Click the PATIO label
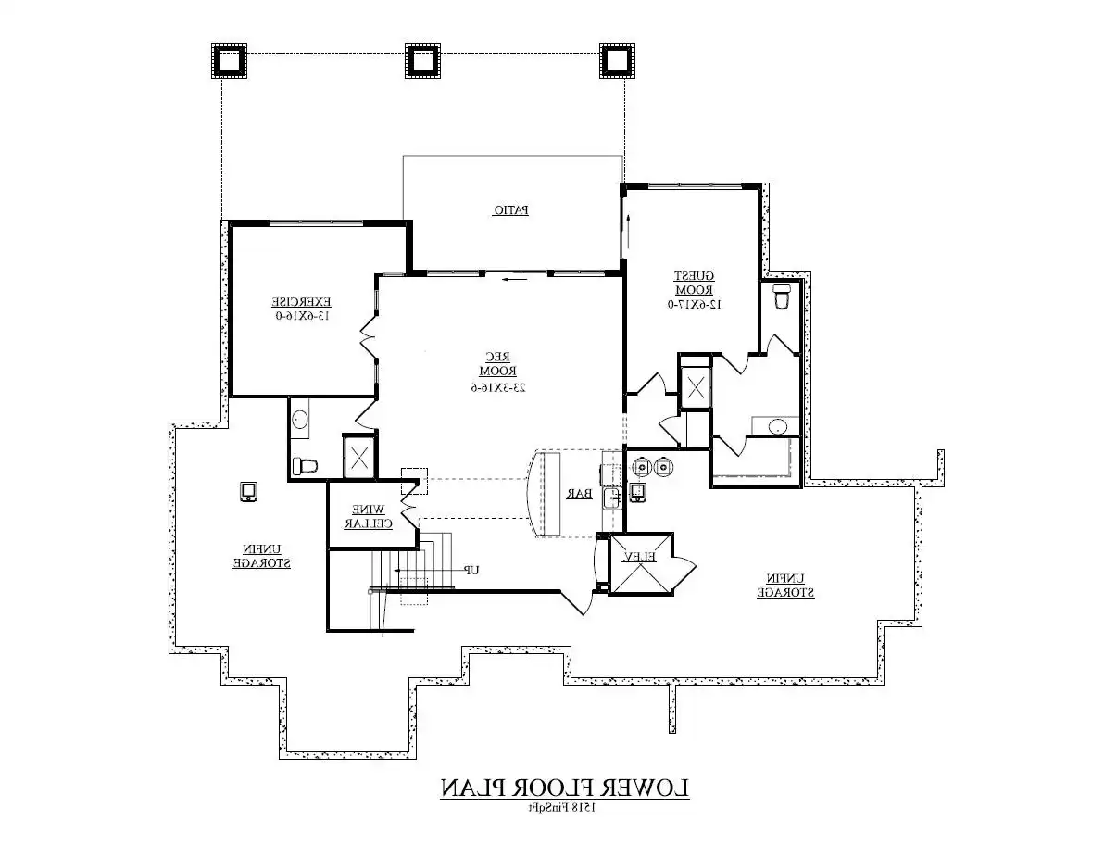pos(510,210)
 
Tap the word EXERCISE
pos(301,302)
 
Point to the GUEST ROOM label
pos(693,283)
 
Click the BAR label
pos(580,495)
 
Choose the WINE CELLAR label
pos(369,516)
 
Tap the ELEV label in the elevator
pos(639,557)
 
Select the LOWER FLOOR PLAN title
pos(564,788)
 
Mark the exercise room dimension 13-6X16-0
pos(301,315)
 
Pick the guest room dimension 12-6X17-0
pos(693,303)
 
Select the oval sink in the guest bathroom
pos(778,427)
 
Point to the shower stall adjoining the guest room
pos(695,388)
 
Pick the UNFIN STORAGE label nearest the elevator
pos(785,586)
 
